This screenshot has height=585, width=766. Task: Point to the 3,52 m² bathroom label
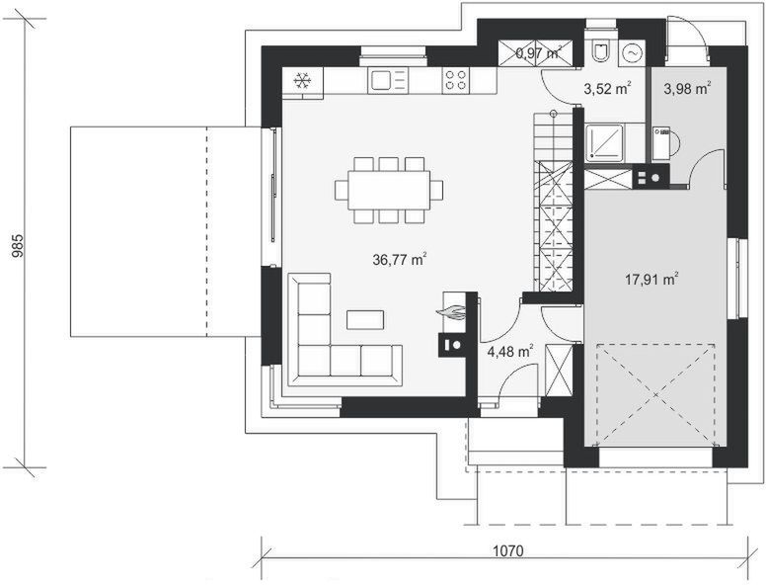point(606,89)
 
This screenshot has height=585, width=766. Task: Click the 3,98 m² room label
point(687,89)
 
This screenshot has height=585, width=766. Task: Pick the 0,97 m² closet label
point(538,53)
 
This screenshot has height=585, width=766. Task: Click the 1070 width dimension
point(503,549)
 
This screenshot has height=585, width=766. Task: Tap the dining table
point(389,189)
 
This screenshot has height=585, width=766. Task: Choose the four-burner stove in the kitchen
point(455,79)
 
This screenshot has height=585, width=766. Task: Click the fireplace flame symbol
point(453,313)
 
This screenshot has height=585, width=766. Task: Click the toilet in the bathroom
point(599,51)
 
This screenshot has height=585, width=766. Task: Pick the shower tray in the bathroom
point(604,141)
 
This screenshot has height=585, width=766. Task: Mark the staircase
point(552,198)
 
